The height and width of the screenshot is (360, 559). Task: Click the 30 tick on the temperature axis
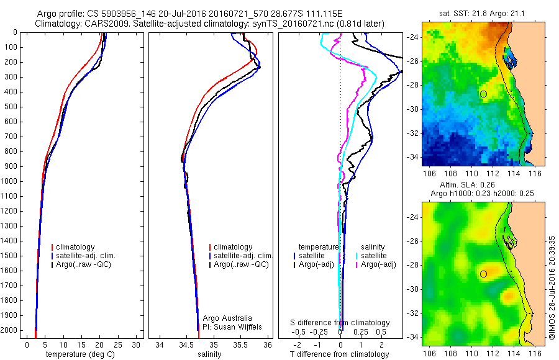tap(136, 344)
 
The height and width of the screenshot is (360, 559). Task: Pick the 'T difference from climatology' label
tap(340, 354)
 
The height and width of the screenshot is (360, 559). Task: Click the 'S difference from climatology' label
tap(340, 323)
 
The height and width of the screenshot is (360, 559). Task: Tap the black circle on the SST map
tap(483, 94)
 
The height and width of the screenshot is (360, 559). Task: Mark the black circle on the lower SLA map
tap(483, 274)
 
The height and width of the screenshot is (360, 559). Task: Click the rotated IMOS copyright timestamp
tap(552, 287)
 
